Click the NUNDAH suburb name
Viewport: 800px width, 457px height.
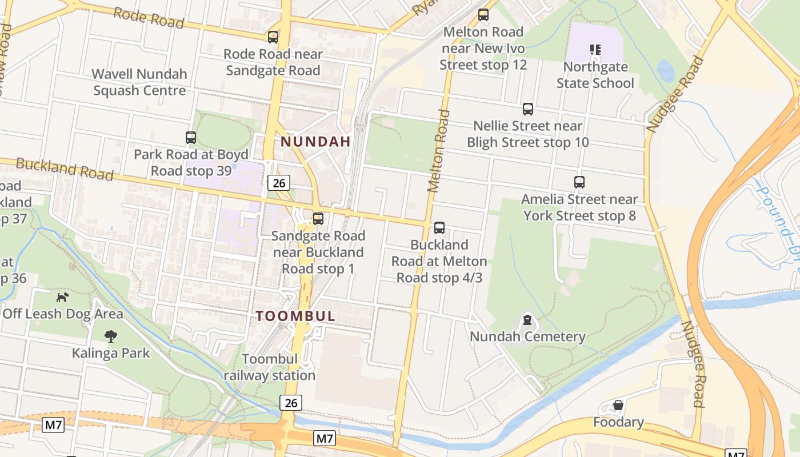315,142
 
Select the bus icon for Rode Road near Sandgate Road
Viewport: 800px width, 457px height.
273,37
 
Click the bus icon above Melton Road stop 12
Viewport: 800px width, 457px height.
483,15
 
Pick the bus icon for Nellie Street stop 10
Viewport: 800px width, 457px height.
528,109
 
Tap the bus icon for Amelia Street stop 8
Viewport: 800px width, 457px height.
579,182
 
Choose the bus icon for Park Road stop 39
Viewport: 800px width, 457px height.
191,138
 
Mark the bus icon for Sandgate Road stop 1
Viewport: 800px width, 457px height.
318,219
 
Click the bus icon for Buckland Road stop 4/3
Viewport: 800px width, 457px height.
439,228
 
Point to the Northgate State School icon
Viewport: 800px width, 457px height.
595,50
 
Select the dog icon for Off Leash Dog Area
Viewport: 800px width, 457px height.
63,297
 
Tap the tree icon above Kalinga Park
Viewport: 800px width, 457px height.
111,336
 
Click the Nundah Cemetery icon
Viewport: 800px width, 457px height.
527,319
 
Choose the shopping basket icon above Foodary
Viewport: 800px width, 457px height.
618,406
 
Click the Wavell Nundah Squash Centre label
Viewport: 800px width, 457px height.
139,82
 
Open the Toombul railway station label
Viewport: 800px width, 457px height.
270,367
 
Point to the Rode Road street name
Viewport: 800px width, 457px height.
149,18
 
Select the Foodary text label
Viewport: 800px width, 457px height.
618,422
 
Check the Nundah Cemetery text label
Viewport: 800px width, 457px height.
527,336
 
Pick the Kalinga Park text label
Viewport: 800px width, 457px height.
111,353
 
